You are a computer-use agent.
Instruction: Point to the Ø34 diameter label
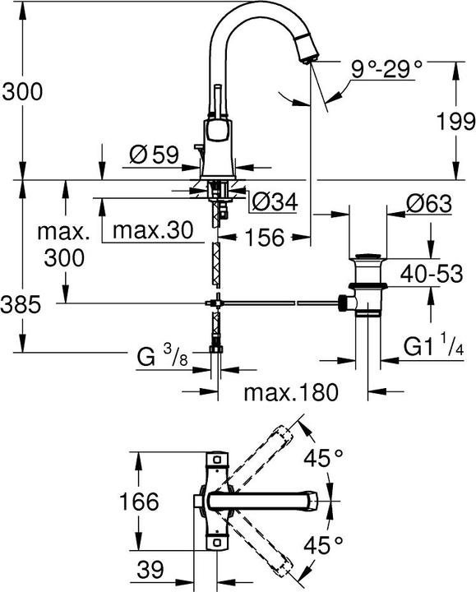point(274,201)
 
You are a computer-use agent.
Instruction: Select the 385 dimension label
point(21,307)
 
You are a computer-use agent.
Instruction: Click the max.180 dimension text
point(291,392)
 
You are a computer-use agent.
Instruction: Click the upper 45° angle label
point(323,458)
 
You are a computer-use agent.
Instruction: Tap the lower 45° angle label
point(323,543)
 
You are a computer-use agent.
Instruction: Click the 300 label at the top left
point(21,92)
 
